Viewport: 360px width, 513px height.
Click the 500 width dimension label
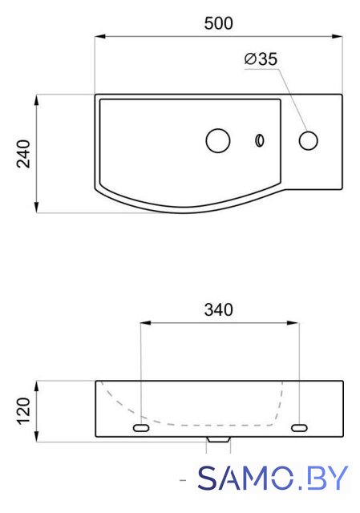pos(218,23)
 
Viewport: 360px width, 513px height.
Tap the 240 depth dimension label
pos(23,154)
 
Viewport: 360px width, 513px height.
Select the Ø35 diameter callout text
pos(261,59)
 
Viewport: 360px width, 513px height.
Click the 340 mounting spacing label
pos(218,309)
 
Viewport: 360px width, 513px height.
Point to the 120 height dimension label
pos(23,411)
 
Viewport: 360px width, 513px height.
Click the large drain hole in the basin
pos(218,141)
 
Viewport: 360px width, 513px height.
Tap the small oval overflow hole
pos(260,141)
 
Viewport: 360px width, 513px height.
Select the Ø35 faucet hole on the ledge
pos(309,141)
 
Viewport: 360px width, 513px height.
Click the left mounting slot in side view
pos(141,427)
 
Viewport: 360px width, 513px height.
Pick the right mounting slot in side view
pos(299,427)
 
